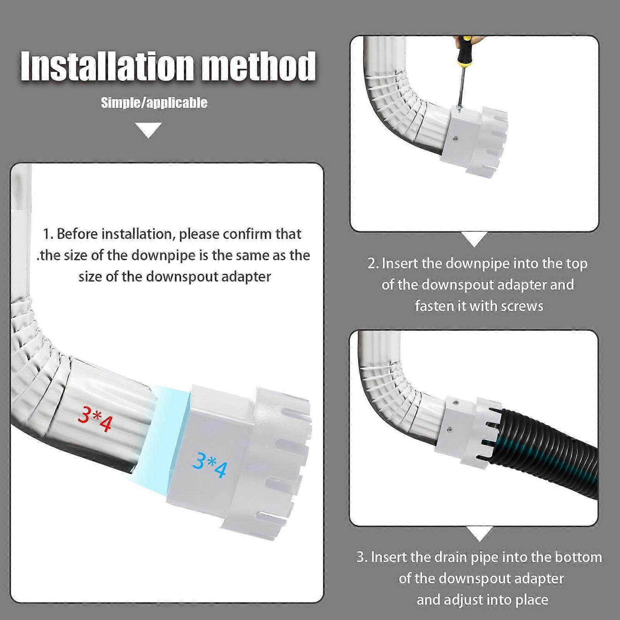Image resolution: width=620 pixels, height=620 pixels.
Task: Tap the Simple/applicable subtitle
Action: click(154, 103)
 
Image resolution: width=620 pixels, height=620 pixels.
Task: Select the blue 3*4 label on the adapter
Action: click(210, 465)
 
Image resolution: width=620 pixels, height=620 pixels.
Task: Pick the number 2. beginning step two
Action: click(373, 264)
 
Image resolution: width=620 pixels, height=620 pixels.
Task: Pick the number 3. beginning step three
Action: click(362, 557)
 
